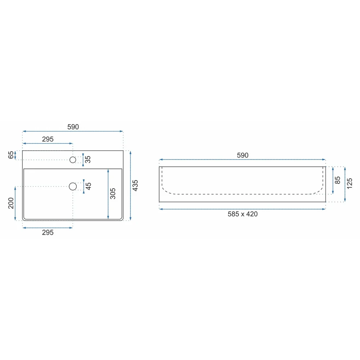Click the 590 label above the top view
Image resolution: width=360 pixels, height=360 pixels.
tap(73, 127)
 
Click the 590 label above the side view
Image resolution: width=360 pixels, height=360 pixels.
tap(242, 155)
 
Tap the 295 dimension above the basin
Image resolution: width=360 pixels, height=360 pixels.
tap(48, 139)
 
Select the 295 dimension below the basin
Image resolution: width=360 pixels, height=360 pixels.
tap(48, 232)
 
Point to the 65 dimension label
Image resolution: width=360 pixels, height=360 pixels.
tap(11, 155)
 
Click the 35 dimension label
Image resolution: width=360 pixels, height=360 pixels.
tap(88, 159)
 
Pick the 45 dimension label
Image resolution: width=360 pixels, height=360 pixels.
tap(88, 186)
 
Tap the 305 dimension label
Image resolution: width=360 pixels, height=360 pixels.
tap(113, 194)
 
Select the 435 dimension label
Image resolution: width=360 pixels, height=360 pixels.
tap(135, 185)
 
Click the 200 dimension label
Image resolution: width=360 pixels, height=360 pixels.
tap(11, 203)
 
